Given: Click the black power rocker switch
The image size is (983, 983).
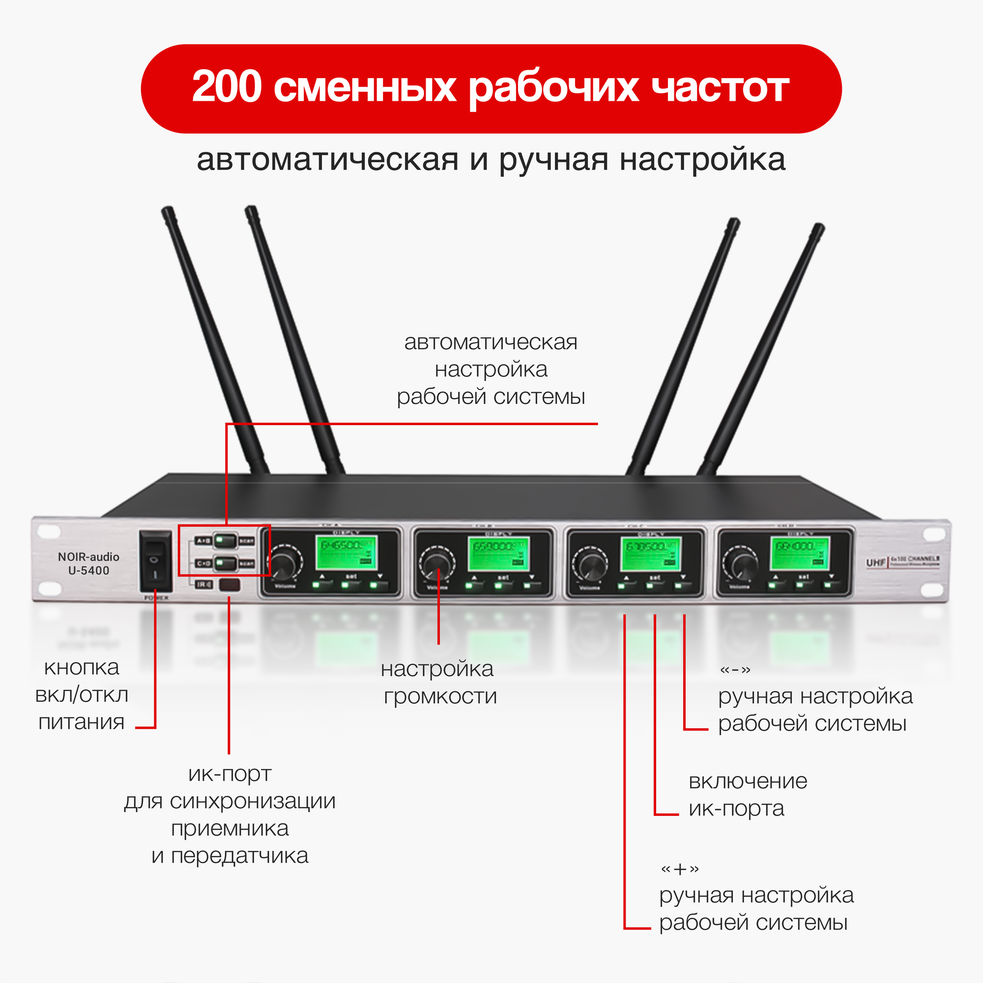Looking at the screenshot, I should click(155, 561).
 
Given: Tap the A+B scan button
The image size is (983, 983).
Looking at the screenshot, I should click(225, 540).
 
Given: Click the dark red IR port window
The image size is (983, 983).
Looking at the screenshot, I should click(230, 584).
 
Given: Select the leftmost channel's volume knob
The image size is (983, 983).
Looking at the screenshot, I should click(286, 563).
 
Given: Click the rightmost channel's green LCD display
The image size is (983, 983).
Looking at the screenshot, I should click(799, 553).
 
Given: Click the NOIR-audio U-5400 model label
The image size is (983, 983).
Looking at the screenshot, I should click(88, 564).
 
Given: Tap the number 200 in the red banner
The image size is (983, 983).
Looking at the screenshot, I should click(227, 87).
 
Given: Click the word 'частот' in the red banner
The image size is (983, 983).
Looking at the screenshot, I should click(721, 88).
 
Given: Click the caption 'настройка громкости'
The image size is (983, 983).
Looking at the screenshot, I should click(438, 683).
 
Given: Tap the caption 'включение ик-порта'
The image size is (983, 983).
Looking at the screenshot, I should click(747, 794).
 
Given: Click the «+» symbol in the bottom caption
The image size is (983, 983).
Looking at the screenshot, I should click(679, 869).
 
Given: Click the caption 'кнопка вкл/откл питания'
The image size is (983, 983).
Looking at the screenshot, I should click(82, 694).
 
